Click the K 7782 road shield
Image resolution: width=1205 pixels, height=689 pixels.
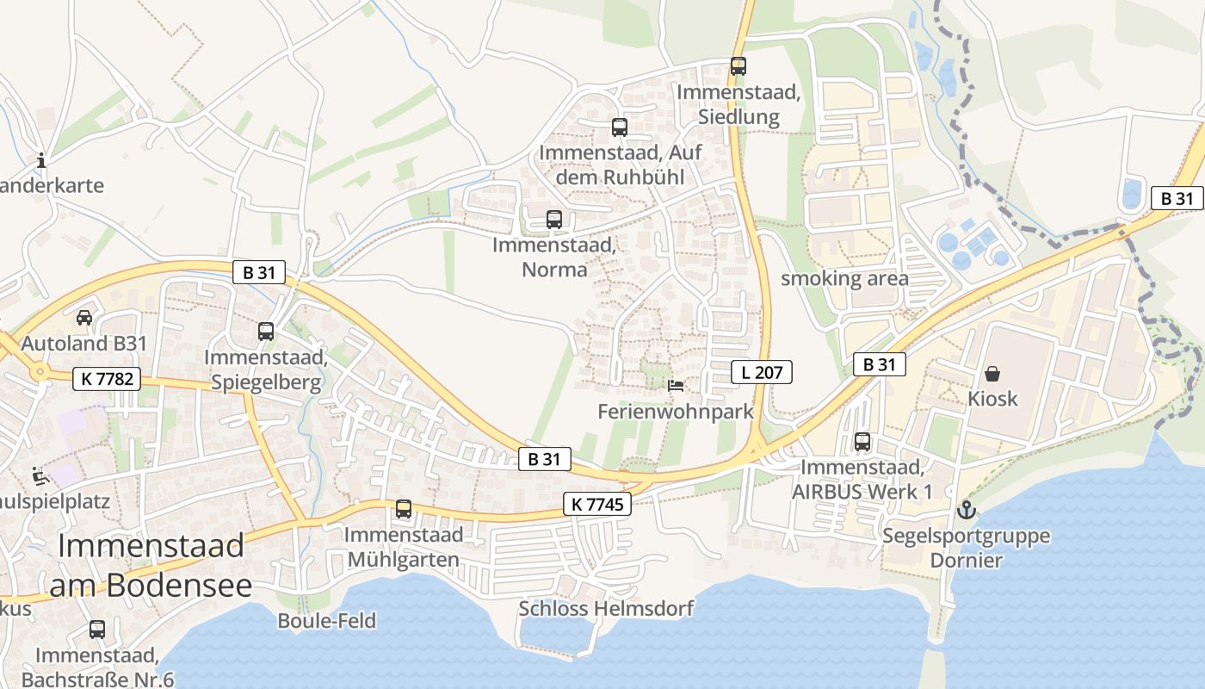click(x=107, y=378)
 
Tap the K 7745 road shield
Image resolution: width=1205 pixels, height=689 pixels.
click(x=597, y=504)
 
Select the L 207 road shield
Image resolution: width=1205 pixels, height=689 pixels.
click(x=761, y=372)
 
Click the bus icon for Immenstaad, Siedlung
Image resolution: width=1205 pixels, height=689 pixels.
click(x=738, y=65)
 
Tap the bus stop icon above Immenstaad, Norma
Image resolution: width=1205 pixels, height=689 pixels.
click(x=554, y=219)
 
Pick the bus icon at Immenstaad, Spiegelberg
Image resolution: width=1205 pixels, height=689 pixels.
click(x=266, y=331)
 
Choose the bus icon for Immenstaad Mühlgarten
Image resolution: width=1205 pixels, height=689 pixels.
click(x=404, y=508)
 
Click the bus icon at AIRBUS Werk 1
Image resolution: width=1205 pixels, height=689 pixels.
click(x=862, y=442)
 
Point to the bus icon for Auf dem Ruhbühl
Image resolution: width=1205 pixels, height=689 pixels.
click(x=620, y=127)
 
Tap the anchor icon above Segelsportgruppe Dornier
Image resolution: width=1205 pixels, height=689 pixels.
click(x=967, y=510)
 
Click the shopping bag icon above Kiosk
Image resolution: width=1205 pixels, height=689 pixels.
click(x=992, y=374)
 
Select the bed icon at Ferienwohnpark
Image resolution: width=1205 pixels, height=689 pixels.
click(x=677, y=385)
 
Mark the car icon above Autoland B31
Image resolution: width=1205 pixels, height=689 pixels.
click(x=84, y=317)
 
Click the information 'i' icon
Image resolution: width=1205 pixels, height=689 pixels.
click(x=41, y=160)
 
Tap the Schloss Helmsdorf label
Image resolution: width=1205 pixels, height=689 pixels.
click(x=605, y=609)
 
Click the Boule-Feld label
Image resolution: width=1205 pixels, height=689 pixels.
click(x=326, y=620)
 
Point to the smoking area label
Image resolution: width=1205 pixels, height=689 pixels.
click(x=843, y=278)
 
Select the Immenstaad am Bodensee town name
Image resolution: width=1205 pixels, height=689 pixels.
click(x=151, y=565)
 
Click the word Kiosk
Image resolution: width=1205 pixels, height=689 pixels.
click(x=992, y=399)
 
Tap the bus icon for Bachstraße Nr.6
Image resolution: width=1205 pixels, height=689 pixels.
click(x=97, y=630)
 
